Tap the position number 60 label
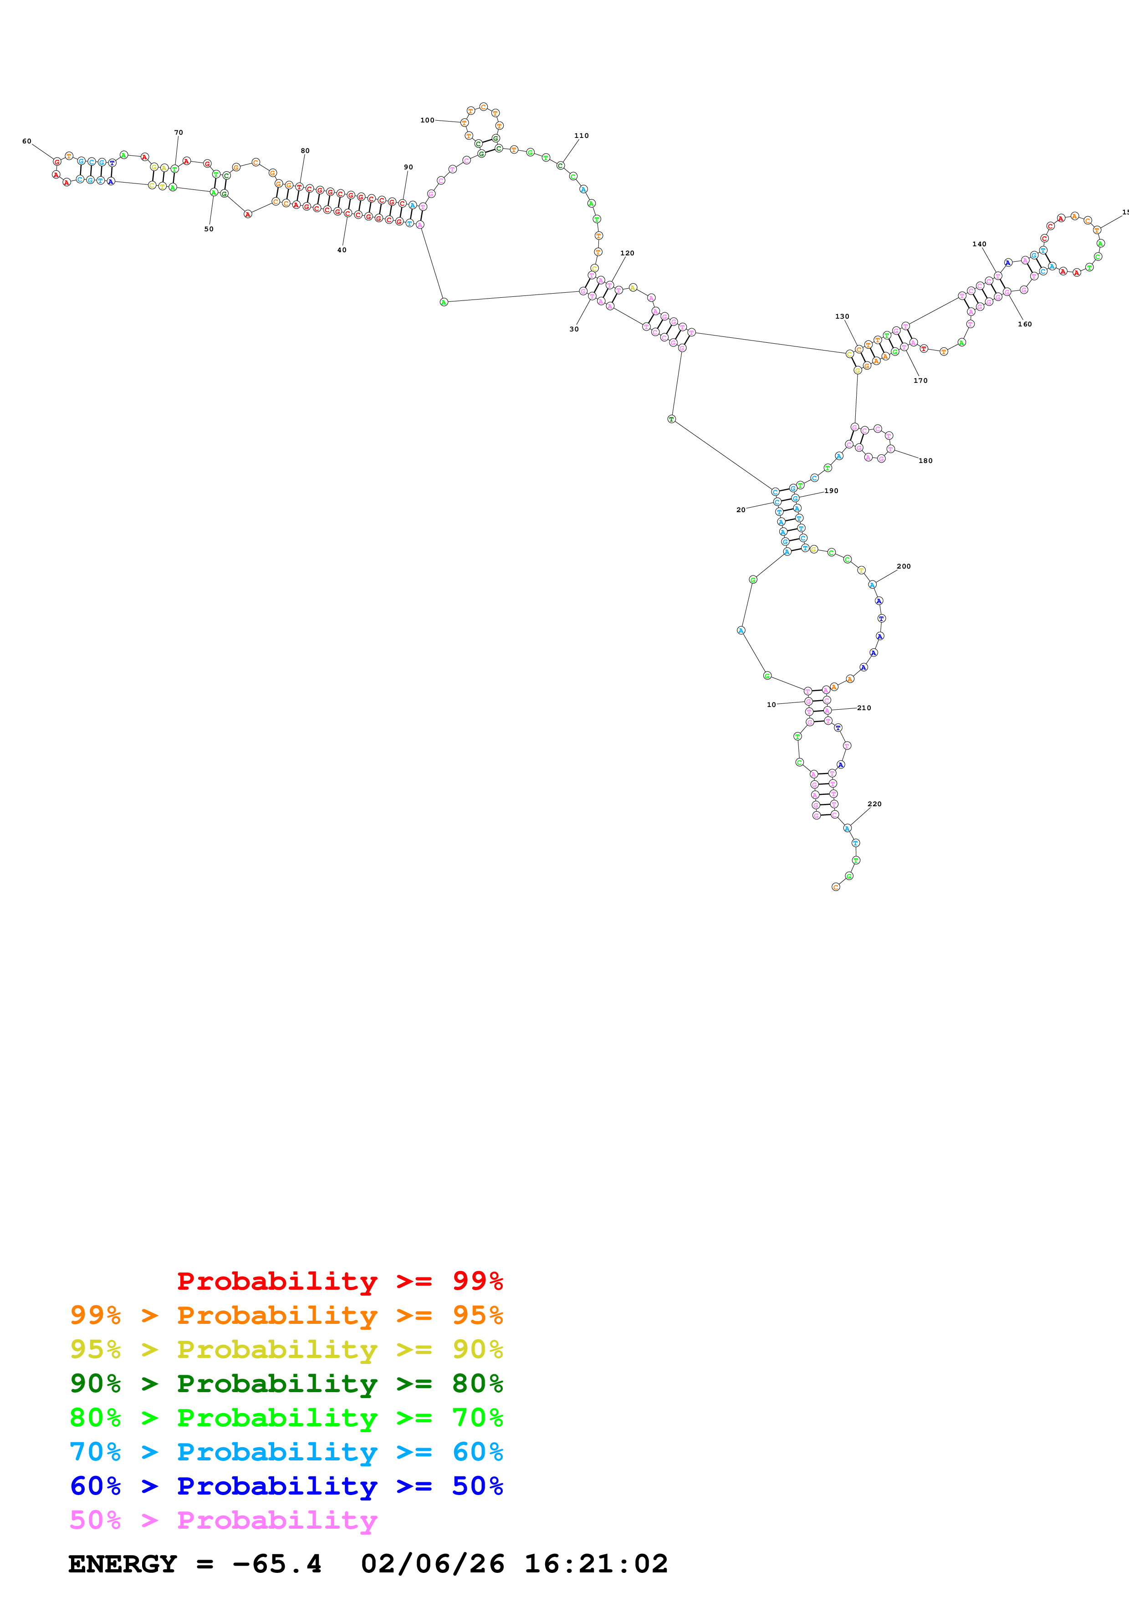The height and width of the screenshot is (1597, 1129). coord(26,141)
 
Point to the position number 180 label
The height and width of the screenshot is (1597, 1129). coord(925,460)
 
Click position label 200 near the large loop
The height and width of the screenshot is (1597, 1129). coord(903,566)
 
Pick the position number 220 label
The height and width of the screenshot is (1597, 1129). coord(874,804)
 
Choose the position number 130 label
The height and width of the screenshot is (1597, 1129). coord(842,316)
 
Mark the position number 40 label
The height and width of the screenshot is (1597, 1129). coord(342,250)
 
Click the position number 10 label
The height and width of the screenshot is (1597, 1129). coord(771,705)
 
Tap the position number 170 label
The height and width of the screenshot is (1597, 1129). coord(920,381)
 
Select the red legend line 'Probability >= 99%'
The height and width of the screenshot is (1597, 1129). coord(339,1281)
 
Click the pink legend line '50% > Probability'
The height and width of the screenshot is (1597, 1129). coord(223,1520)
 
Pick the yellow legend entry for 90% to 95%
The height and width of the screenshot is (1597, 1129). coord(286,1349)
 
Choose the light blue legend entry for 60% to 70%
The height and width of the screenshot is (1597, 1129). coord(286,1452)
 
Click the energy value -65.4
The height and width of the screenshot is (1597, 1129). coord(277,1564)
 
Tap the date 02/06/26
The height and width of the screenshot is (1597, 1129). coord(433,1564)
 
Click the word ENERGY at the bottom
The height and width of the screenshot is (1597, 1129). coord(123,1564)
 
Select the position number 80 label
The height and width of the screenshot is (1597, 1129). coord(305,151)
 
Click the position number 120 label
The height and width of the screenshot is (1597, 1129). coord(627,253)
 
